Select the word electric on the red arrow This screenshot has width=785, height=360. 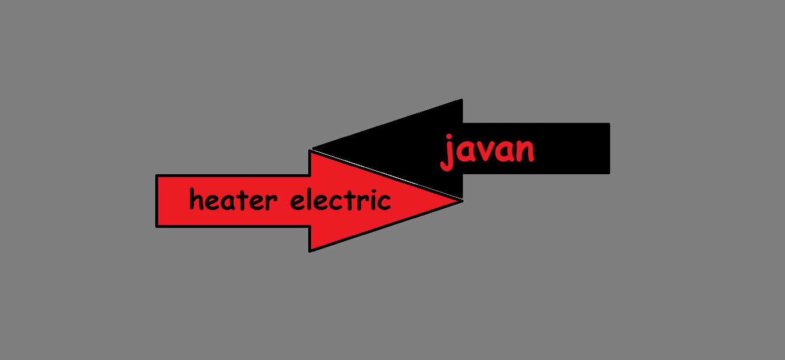click(x=340, y=201)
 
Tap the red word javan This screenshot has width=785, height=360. click(x=488, y=151)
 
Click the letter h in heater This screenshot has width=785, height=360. click(x=197, y=201)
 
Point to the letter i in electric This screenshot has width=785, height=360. click(x=371, y=200)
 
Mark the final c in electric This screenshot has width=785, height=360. click(x=383, y=202)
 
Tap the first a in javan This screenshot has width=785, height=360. click(x=465, y=152)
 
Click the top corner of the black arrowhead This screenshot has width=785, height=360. click(x=461, y=100)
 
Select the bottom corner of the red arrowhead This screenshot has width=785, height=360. click(x=311, y=250)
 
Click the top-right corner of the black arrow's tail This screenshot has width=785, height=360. click(x=608, y=124)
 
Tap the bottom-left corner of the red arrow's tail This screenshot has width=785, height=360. click(x=158, y=225)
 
